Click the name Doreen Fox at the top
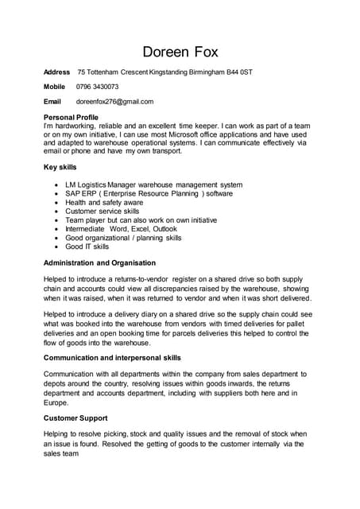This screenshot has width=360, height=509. point(180,52)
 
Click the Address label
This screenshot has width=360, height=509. point(56,72)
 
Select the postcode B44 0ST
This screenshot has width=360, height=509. point(238,72)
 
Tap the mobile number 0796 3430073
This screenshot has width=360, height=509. point(97,87)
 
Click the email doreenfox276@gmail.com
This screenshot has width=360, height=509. point(114,102)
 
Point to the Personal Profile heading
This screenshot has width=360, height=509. point(71,117)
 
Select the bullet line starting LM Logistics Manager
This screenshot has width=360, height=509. point(153,185)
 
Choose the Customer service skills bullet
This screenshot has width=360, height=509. point(102,212)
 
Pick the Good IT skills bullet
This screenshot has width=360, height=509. point(87,247)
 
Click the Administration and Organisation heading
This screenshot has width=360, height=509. point(99,262)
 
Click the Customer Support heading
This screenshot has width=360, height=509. point(75,418)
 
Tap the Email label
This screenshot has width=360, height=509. point(52,102)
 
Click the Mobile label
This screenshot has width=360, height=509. point(54,87)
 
